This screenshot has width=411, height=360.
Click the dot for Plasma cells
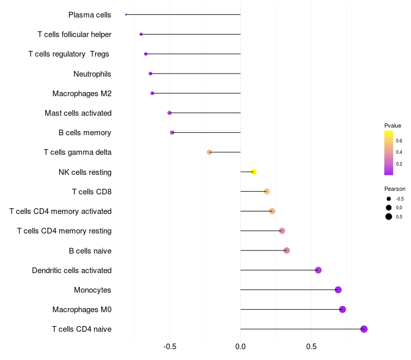[126, 14]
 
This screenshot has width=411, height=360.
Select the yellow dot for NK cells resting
[253, 172]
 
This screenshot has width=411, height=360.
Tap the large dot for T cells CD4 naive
[364, 329]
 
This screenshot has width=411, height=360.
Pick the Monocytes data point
[338, 290]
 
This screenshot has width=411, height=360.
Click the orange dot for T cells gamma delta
[209, 152]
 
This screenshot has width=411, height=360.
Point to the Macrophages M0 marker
[342, 309]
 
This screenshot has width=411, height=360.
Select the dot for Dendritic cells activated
[318, 270]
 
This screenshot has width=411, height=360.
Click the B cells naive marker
[287, 250]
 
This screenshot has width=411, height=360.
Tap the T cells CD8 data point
[267, 191]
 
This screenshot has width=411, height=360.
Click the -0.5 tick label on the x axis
[170, 347]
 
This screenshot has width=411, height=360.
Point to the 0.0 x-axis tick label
[240, 347]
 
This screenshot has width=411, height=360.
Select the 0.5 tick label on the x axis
[311, 347]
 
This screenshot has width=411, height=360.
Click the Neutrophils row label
[92, 74]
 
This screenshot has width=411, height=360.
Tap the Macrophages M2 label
[82, 94]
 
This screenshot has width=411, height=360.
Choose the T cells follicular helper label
[74, 34]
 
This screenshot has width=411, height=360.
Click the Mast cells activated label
[78, 113]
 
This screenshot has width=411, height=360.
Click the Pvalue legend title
[393, 125]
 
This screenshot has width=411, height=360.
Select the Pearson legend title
[395, 189]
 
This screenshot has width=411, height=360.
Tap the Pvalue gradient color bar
[388, 153]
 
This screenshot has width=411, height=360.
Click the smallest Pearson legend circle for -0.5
[389, 199]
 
